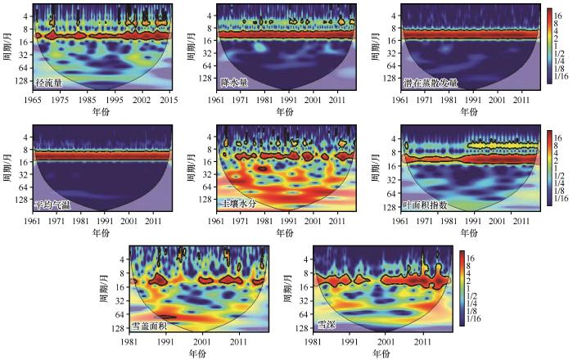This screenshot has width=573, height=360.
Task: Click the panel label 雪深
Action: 327,326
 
